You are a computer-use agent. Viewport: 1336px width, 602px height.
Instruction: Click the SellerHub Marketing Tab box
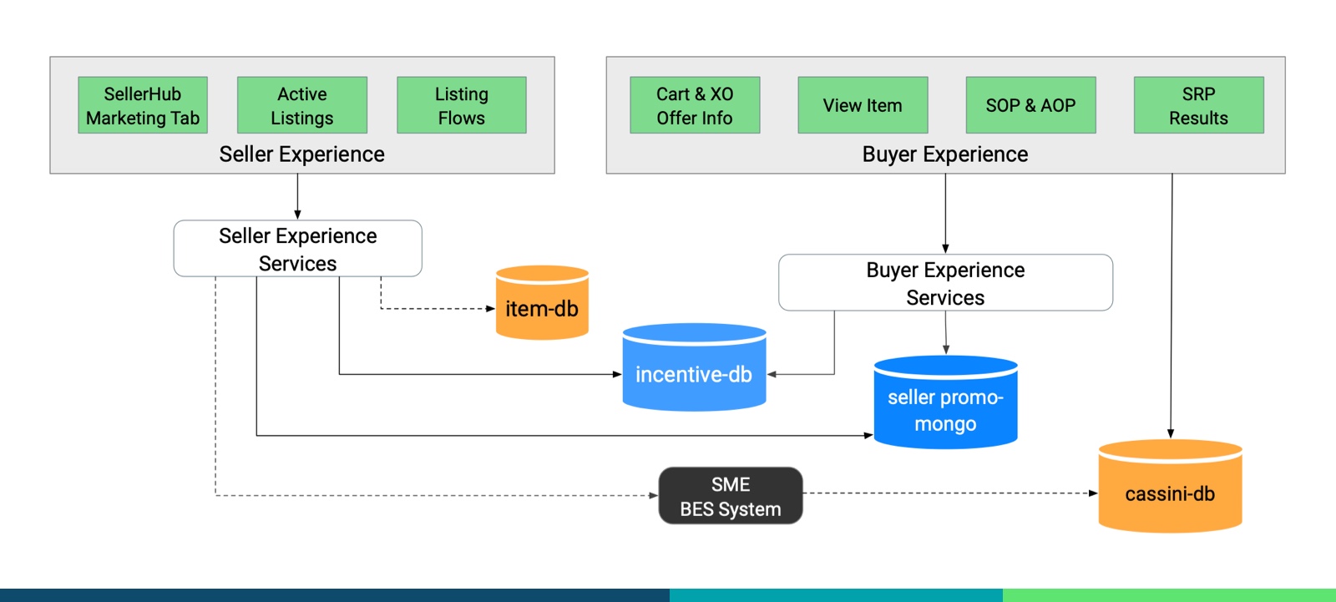click(143, 105)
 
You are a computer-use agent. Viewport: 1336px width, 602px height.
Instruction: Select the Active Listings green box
click(302, 105)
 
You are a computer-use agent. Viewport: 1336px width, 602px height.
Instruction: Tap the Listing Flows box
click(462, 105)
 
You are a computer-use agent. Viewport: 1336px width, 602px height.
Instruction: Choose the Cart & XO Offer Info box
click(695, 105)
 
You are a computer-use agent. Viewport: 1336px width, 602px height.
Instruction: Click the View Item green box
click(863, 105)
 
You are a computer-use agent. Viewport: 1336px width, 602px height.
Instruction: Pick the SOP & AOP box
click(1030, 105)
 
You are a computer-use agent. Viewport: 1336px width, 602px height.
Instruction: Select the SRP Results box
click(1198, 105)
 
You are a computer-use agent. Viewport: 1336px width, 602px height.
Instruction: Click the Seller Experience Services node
click(297, 249)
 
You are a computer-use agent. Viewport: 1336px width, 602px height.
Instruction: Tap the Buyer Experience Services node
click(945, 283)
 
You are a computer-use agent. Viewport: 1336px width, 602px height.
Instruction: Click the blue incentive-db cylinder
click(694, 369)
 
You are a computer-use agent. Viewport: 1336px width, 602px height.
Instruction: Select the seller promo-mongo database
click(945, 404)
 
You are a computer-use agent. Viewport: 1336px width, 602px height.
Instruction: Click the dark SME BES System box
click(731, 496)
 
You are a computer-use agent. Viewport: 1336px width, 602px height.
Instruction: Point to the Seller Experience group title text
click(301, 154)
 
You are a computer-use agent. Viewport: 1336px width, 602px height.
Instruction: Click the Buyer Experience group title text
click(945, 154)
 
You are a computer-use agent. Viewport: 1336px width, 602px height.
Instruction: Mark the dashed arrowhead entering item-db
click(491, 309)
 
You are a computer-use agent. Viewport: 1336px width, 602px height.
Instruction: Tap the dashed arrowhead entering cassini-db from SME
click(1093, 493)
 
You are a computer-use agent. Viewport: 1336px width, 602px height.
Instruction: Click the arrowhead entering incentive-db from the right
click(772, 374)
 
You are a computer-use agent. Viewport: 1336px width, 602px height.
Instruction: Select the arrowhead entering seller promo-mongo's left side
click(868, 435)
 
